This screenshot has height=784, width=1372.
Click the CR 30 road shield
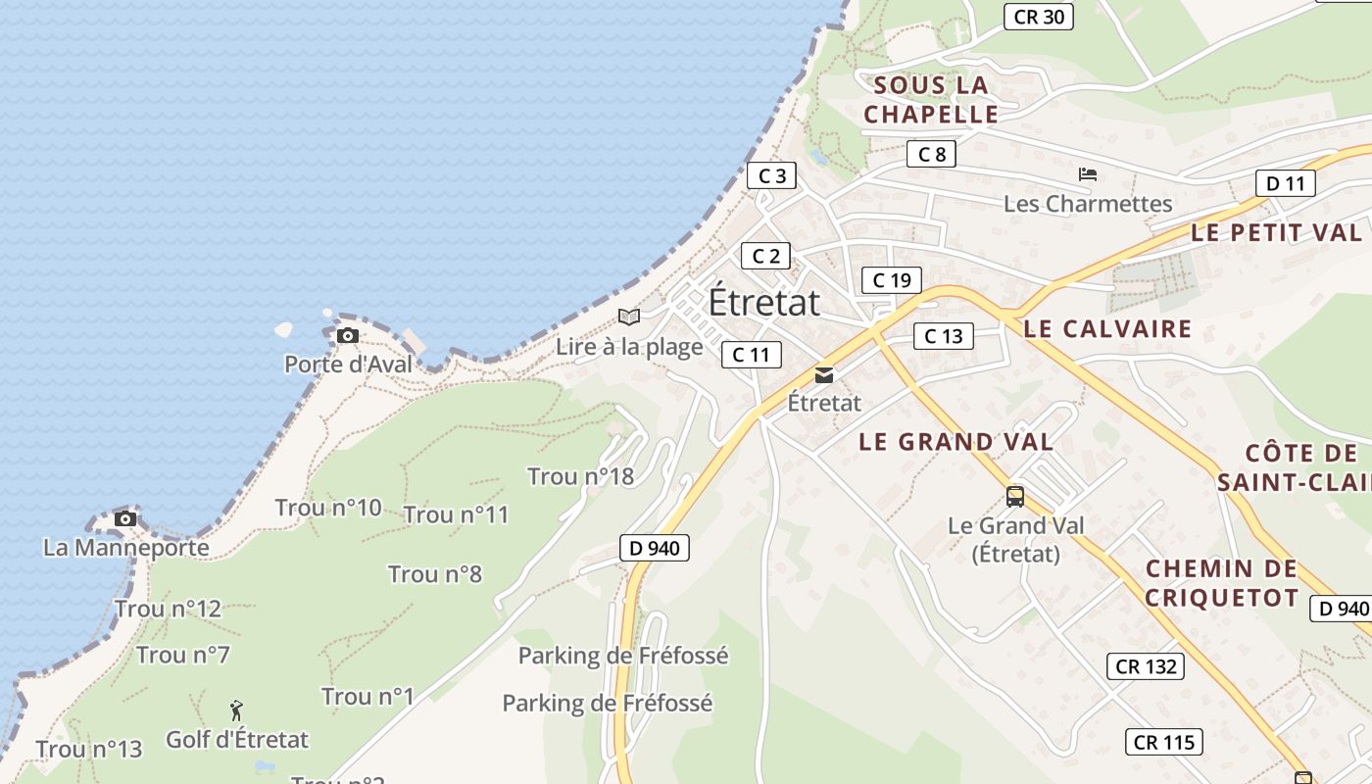coord(1039,17)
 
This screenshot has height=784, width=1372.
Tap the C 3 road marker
coord(771,176)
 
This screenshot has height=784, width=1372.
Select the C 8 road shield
coord(930,154)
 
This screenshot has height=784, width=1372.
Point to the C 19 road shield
coord(892,280)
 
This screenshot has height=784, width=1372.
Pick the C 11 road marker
coord(751,355)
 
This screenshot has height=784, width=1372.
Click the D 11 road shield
coord(1285,183)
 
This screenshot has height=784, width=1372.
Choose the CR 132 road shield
coord(1146,666)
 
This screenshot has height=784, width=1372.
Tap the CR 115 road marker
coord(1163,742)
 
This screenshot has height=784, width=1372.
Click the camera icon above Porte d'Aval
coord(347,336)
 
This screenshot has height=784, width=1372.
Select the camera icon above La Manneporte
coord(125,518)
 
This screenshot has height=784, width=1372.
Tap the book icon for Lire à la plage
coord(629,318)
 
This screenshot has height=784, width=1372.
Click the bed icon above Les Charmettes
coord(1087,175)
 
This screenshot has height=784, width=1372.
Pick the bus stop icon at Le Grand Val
coord(1015,497)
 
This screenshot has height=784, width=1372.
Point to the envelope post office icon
coord(824,375)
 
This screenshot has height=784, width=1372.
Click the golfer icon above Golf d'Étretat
coord(236,710)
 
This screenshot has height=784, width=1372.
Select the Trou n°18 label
coord(580,477)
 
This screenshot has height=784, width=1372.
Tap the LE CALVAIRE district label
coord(1107,329)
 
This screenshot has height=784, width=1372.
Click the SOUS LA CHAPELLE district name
coord(930,100)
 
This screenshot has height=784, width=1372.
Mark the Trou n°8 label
coord(435,574)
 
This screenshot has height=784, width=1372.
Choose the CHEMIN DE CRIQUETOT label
coord(1221,583)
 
